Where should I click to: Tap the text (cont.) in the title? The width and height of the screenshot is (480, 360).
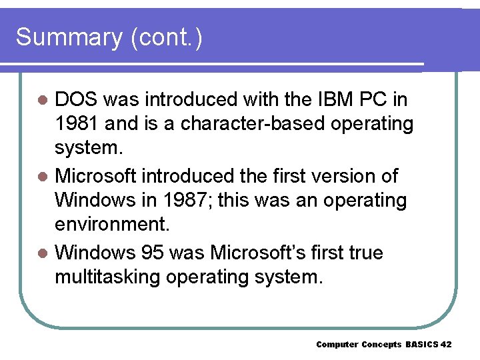(166, 37)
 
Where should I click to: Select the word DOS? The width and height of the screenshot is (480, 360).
(77, 100)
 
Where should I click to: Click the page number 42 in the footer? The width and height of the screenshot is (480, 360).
(446, 345)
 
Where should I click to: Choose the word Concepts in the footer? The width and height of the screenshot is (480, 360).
(381, 345)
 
